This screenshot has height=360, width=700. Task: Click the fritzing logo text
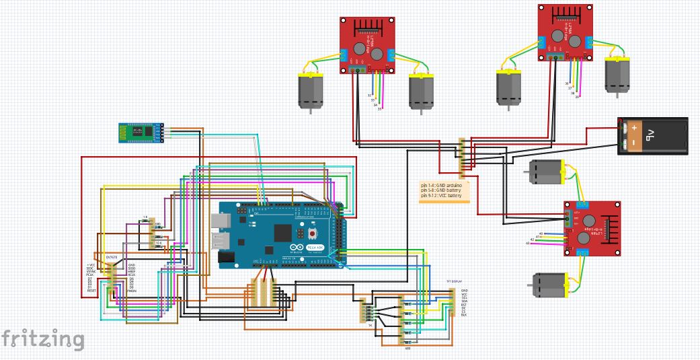42,338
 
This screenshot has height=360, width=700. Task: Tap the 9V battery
652,136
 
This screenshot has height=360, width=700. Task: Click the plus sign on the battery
633,127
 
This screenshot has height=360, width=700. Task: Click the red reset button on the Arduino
313,233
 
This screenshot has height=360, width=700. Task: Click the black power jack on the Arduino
225,257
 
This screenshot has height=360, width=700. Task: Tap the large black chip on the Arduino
283,232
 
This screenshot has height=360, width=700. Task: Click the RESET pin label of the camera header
91,291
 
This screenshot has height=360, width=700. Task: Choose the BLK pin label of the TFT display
464,314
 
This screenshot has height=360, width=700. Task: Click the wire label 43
528,243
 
